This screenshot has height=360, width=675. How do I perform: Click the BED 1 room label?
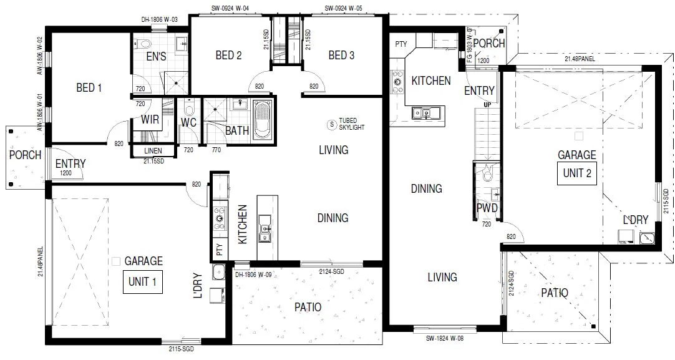click(89, 88)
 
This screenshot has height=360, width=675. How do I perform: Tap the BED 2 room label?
click(228, 56)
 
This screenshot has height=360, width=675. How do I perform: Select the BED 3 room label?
click(341, 56)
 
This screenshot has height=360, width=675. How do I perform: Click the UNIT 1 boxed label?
click(143, 281)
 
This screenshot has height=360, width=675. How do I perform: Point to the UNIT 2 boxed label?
click(577, 173)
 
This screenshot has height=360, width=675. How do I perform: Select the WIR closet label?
click(150, 119)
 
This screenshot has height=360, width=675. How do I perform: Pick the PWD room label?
click(487, 207)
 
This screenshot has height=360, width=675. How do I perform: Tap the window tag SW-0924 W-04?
click(230, 9)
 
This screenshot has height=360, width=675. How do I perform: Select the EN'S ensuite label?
click(156, 57)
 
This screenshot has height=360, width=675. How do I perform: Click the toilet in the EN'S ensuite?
click(144, 43)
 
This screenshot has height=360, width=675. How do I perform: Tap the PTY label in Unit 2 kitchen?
click(401, 44)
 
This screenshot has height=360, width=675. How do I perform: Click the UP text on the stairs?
click(487, 104)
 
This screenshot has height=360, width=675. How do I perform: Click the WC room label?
click(189, 123)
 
